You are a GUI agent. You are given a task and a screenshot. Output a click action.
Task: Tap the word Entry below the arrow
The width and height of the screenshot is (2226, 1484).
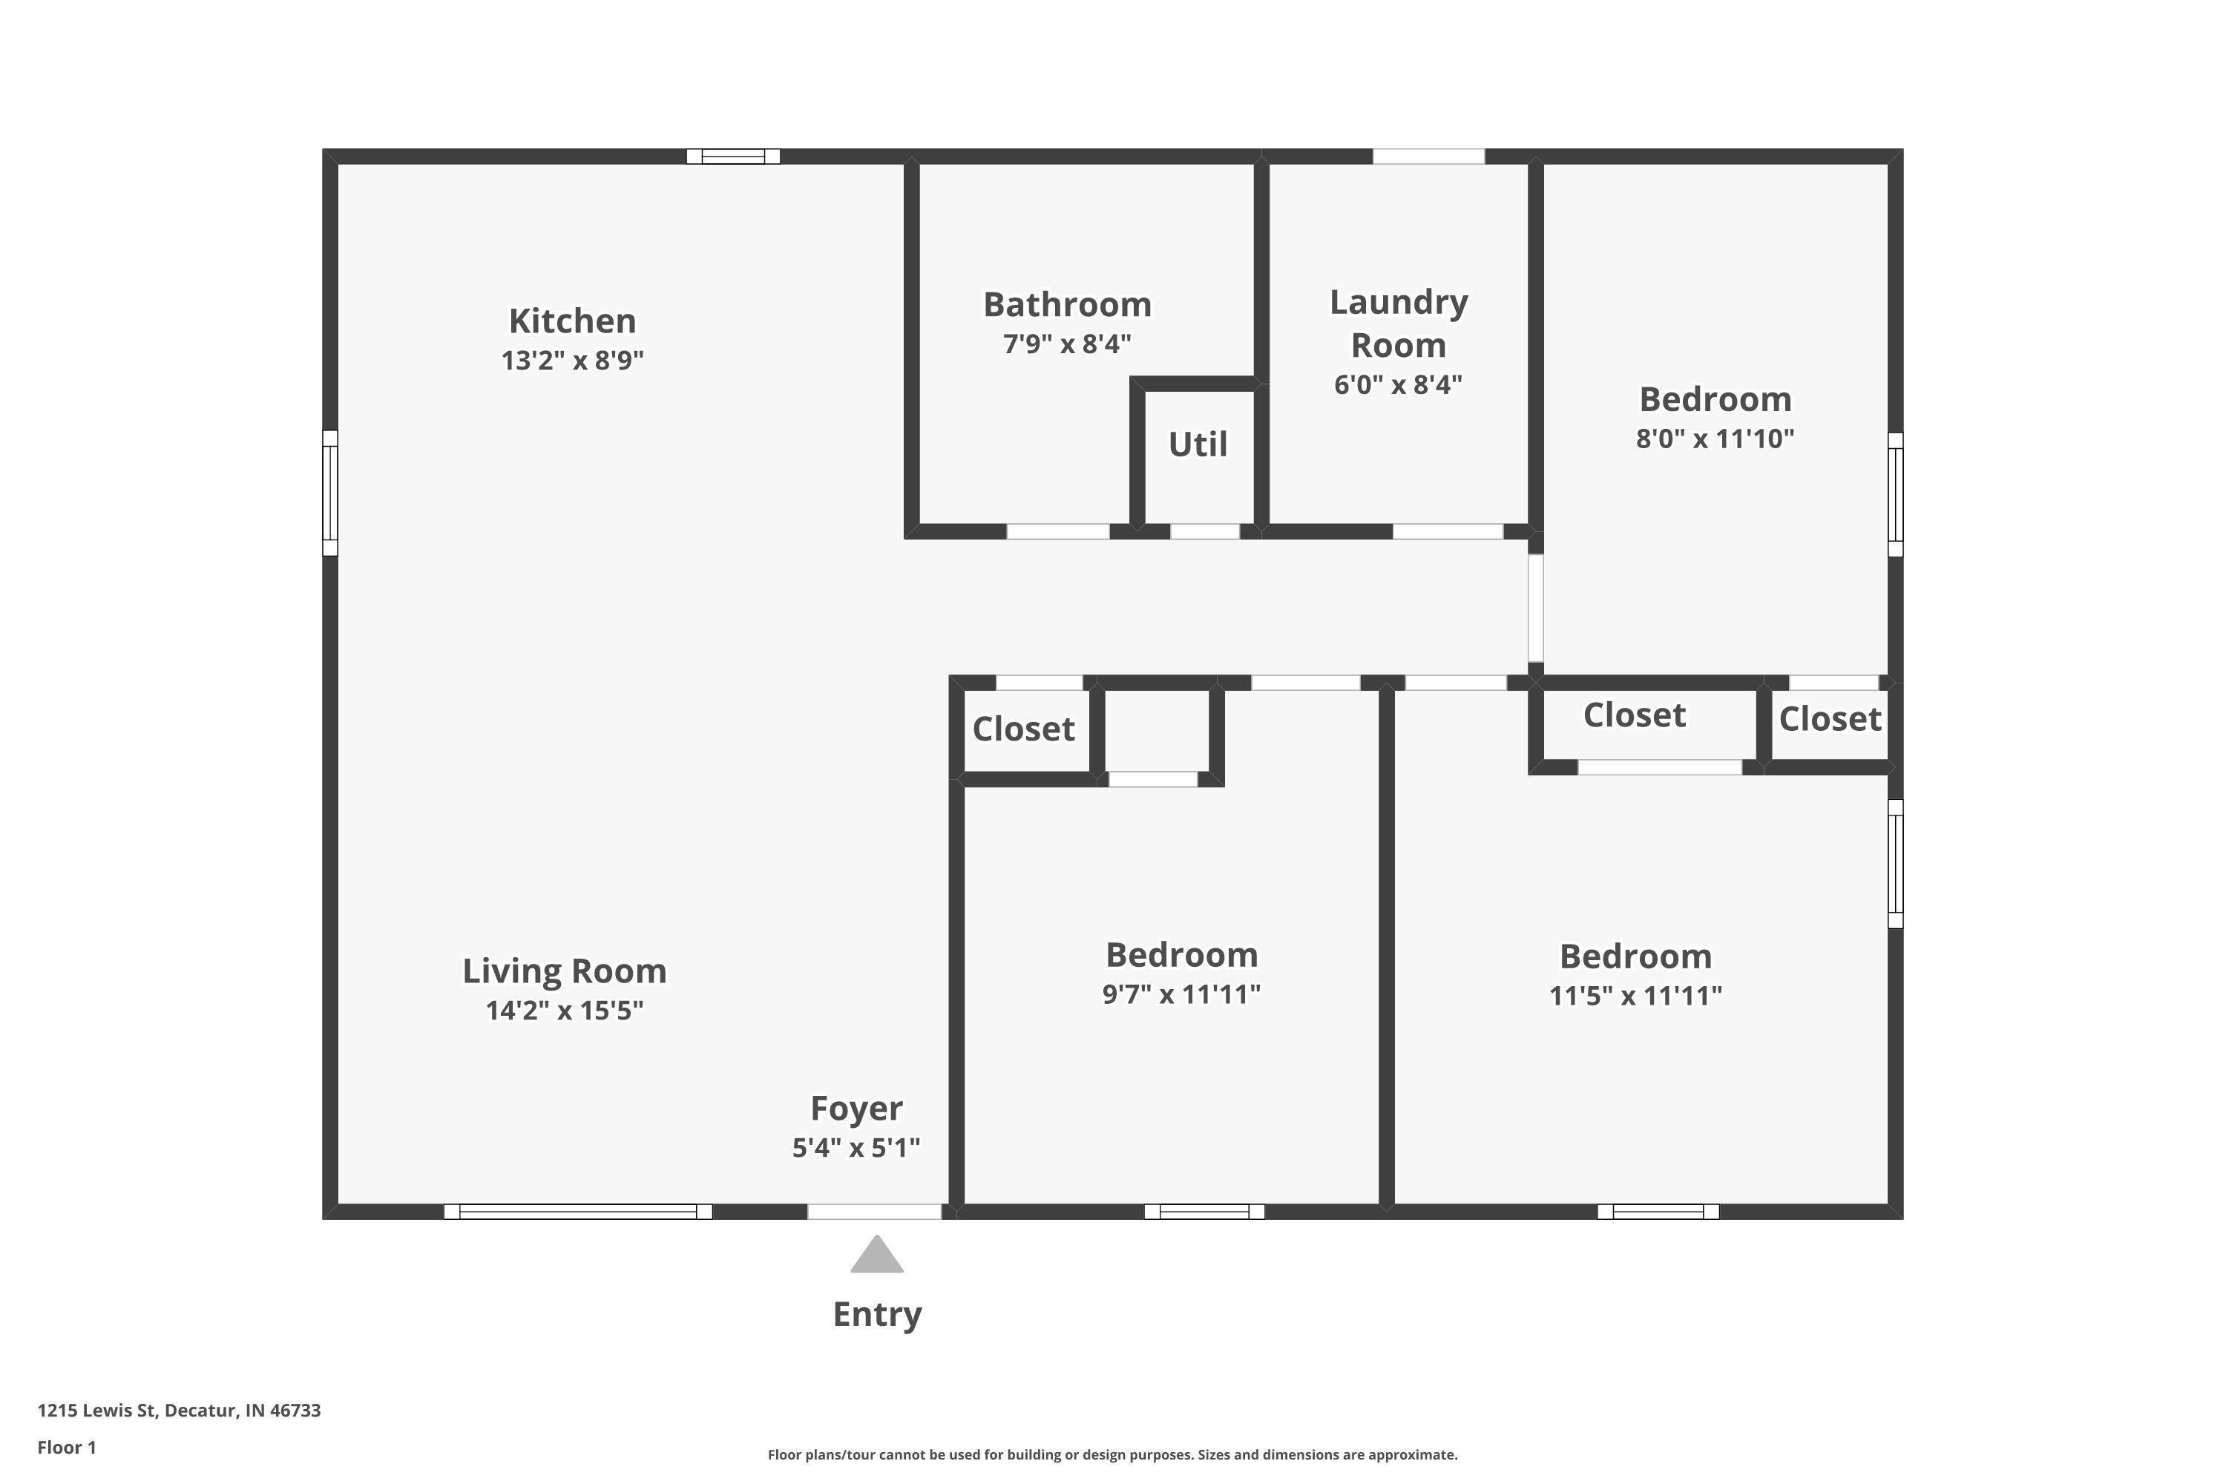[x=877, y=1316]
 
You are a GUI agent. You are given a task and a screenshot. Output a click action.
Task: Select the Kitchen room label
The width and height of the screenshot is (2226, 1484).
[x=573, y=321]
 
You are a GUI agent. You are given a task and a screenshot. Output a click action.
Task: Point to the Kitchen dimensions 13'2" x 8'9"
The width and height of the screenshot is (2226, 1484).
[x=573, y=361]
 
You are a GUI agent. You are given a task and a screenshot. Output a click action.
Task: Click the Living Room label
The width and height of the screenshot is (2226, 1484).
[x=564, y=971]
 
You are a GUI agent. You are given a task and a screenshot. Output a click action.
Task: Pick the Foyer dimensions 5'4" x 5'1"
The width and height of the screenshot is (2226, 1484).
[x=856, y=1148]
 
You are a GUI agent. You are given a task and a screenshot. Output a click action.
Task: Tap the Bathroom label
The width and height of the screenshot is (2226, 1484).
[x=1068, y=305]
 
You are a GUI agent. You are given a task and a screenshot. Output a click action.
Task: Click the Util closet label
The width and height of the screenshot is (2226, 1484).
[x=1198, y=444]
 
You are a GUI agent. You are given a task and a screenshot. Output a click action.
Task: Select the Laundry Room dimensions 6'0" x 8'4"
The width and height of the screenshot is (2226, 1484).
[x=1399, y=385]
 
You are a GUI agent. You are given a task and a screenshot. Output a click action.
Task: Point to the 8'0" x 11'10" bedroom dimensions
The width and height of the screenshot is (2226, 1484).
[x=1716, y=439]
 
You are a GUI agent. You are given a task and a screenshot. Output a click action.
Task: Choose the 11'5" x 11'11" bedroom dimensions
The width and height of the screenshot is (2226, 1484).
[x=1635, y=997]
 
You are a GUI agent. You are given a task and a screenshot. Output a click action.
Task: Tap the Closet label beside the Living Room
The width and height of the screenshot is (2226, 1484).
[x=1024, y=729]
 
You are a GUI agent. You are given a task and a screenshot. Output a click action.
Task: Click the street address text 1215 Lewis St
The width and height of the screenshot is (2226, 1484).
[x=96, y=1411]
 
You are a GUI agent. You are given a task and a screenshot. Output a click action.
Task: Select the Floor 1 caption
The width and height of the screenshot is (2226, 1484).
[x=68, y=1447]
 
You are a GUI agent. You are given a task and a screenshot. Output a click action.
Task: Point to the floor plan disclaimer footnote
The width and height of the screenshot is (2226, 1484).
[x=1113, y=1454]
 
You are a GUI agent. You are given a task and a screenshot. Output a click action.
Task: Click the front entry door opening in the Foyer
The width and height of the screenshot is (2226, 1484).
[x=875, y=1212]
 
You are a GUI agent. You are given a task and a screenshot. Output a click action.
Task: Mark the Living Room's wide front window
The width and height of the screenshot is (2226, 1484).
[x=578, y=1212]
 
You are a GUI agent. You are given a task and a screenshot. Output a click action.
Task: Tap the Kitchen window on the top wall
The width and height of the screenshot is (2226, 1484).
[x=734, y=156]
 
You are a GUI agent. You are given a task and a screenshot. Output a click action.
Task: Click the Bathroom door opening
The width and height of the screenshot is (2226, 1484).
[x=1058, y=532]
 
